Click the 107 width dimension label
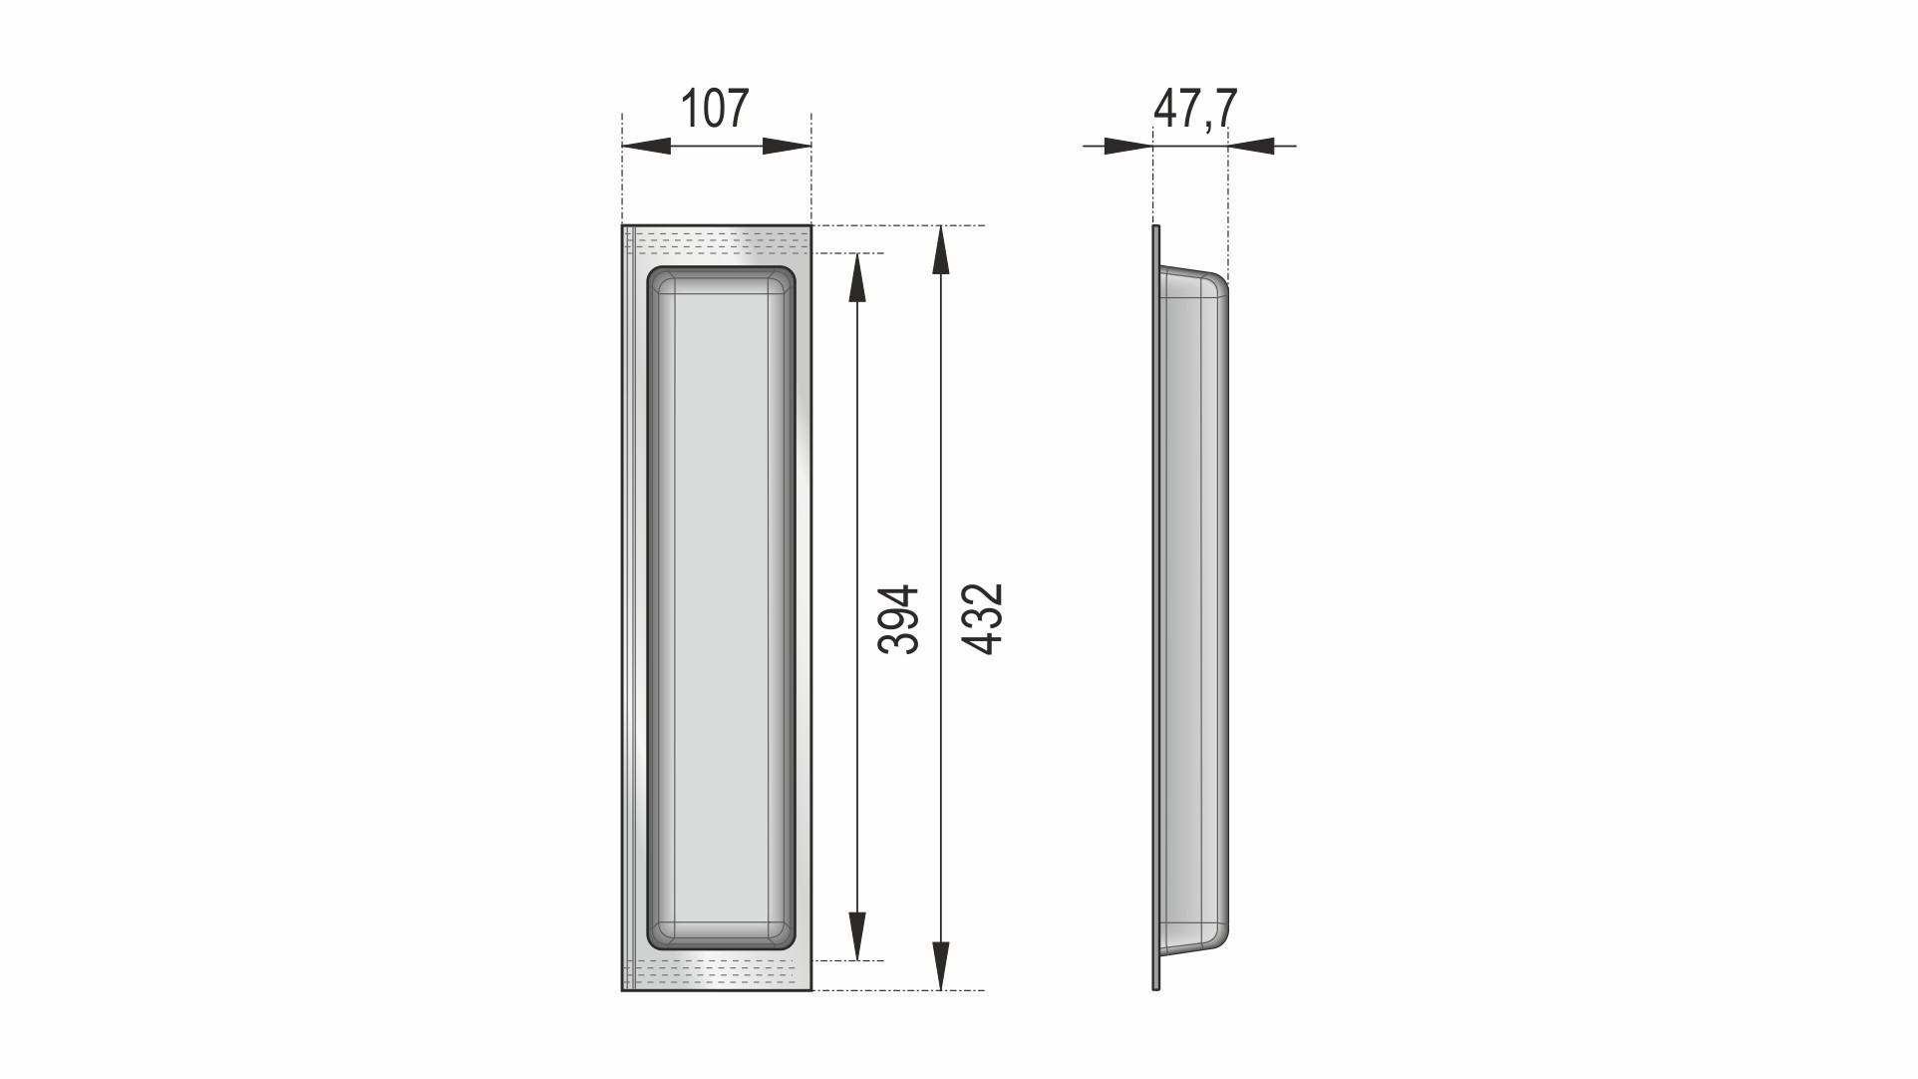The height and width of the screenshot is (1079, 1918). tap(714, 109)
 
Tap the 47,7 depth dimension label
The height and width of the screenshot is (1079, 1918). tap(1195, 109)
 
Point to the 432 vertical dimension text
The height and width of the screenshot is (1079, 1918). tap(983, 619)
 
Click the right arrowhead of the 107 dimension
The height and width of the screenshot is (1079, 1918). tap(788, 147)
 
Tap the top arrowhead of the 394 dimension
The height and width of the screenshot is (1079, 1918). tap(857, 277)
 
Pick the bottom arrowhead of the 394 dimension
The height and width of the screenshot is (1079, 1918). tap(857, 936)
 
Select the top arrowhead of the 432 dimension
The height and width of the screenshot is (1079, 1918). tap(940, 250)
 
